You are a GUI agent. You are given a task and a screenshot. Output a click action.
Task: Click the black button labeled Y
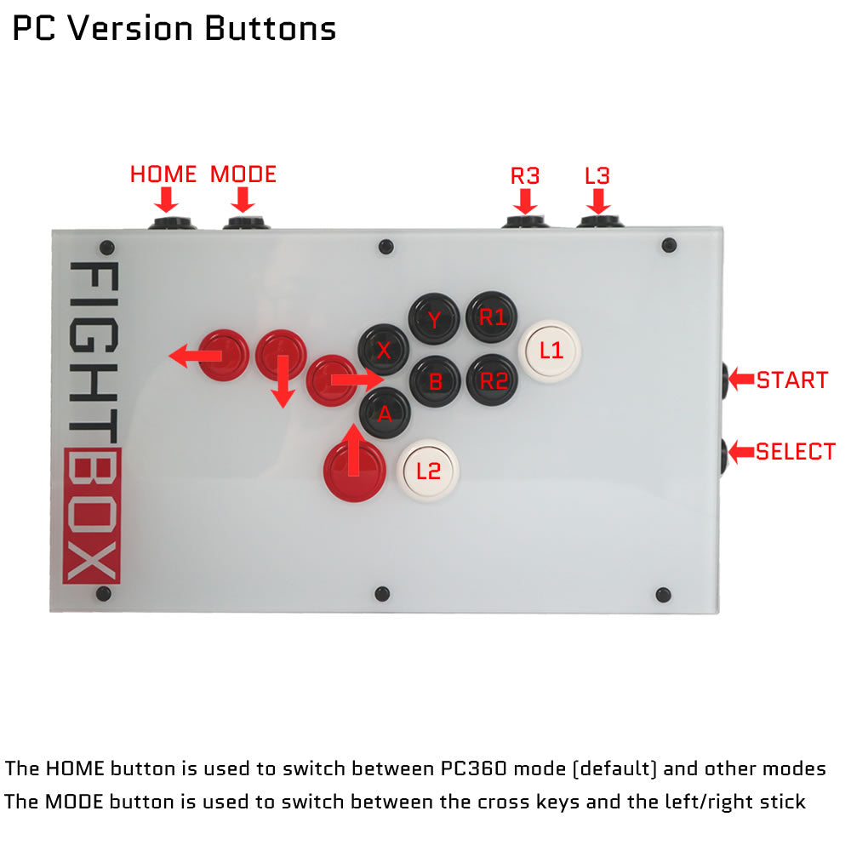click(434, 318)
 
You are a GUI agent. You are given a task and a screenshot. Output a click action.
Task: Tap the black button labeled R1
click(491, 317)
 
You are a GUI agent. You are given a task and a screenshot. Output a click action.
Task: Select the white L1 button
click(549, 351)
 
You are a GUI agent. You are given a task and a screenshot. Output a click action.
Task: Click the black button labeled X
click(383, 350)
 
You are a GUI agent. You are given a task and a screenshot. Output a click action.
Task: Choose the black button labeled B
click(435, 381)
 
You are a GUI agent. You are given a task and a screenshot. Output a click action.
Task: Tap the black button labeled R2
click(492, 380)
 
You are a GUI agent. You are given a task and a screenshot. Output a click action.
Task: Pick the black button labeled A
click(385, 413)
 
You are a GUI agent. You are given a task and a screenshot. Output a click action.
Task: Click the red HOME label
click(163, 174)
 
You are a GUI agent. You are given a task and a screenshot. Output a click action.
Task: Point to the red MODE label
click(243, 174)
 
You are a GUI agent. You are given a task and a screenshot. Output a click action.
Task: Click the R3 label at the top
click(525, 176)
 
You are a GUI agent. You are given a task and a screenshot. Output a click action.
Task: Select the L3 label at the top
click(597, 176)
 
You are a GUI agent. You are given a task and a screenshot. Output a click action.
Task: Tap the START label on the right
click(792, 380)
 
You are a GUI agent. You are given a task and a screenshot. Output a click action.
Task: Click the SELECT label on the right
click(796, 452)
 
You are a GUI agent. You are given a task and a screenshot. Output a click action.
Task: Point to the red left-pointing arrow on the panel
click(196, 356)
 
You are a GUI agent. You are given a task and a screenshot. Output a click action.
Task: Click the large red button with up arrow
click(354, 470)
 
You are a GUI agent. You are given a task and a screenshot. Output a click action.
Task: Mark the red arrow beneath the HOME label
click(166, 200)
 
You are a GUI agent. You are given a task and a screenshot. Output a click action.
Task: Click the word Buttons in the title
click(271, 28)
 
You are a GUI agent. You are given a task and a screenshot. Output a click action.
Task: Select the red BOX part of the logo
click(92, 516)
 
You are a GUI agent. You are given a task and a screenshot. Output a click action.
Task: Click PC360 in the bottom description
click(473, 768)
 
